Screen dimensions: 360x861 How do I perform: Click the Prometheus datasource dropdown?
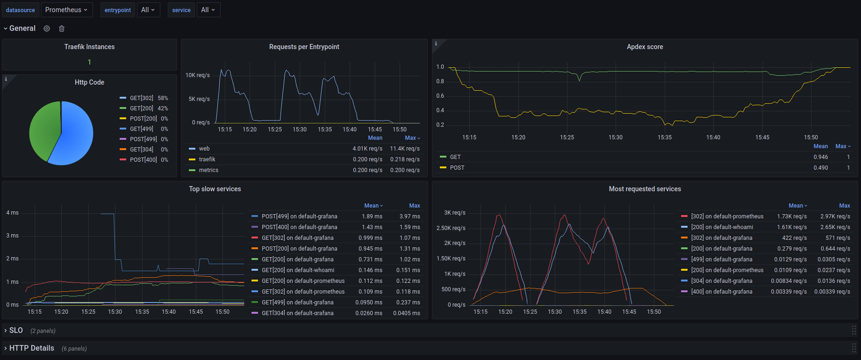click(x=66, y=10)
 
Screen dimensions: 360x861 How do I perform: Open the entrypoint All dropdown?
click(x=148, y=10)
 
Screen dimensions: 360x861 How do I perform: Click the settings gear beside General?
click(x=47, y=29)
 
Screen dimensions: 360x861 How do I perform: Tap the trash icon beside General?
click(x=62, y=29)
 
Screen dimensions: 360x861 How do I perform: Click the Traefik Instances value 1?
click(x=89, y=62)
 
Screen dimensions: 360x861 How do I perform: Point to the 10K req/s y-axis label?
click(x=197, y=75)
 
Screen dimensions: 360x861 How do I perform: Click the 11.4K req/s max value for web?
click(x=405, y=149)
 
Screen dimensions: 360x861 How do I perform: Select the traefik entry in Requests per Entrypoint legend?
click(x=207, y=159)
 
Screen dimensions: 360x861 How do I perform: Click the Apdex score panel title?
click(x=645, y=47)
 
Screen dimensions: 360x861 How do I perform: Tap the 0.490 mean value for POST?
click(x=820, y=168)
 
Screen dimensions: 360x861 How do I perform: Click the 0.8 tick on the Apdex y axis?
click(x=440, y=81)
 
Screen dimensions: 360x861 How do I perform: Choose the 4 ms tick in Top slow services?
click(x=12, y=213)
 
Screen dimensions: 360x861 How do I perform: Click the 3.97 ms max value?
click(x=409, y=216)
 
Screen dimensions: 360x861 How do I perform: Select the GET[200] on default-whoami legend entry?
click(x=298, y=270)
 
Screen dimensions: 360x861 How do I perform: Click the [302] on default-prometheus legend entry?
click(x=727, y=216)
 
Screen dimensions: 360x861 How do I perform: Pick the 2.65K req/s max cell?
click(x=835, y=227)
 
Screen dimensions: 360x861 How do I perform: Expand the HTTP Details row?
click(x=31, y=348)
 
